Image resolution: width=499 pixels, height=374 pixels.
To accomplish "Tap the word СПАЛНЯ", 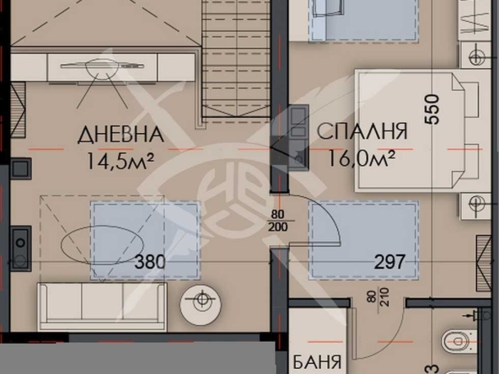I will pyautogui.click(x=363, y=131).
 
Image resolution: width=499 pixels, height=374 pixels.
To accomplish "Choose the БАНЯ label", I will pyautogui.click(x=317, y=363).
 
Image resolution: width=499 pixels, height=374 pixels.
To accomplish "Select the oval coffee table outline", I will pyautogui.click(x=89, y=243).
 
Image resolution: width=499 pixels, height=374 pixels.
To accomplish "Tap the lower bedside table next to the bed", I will pyautogui.click(x=478, y=205).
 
